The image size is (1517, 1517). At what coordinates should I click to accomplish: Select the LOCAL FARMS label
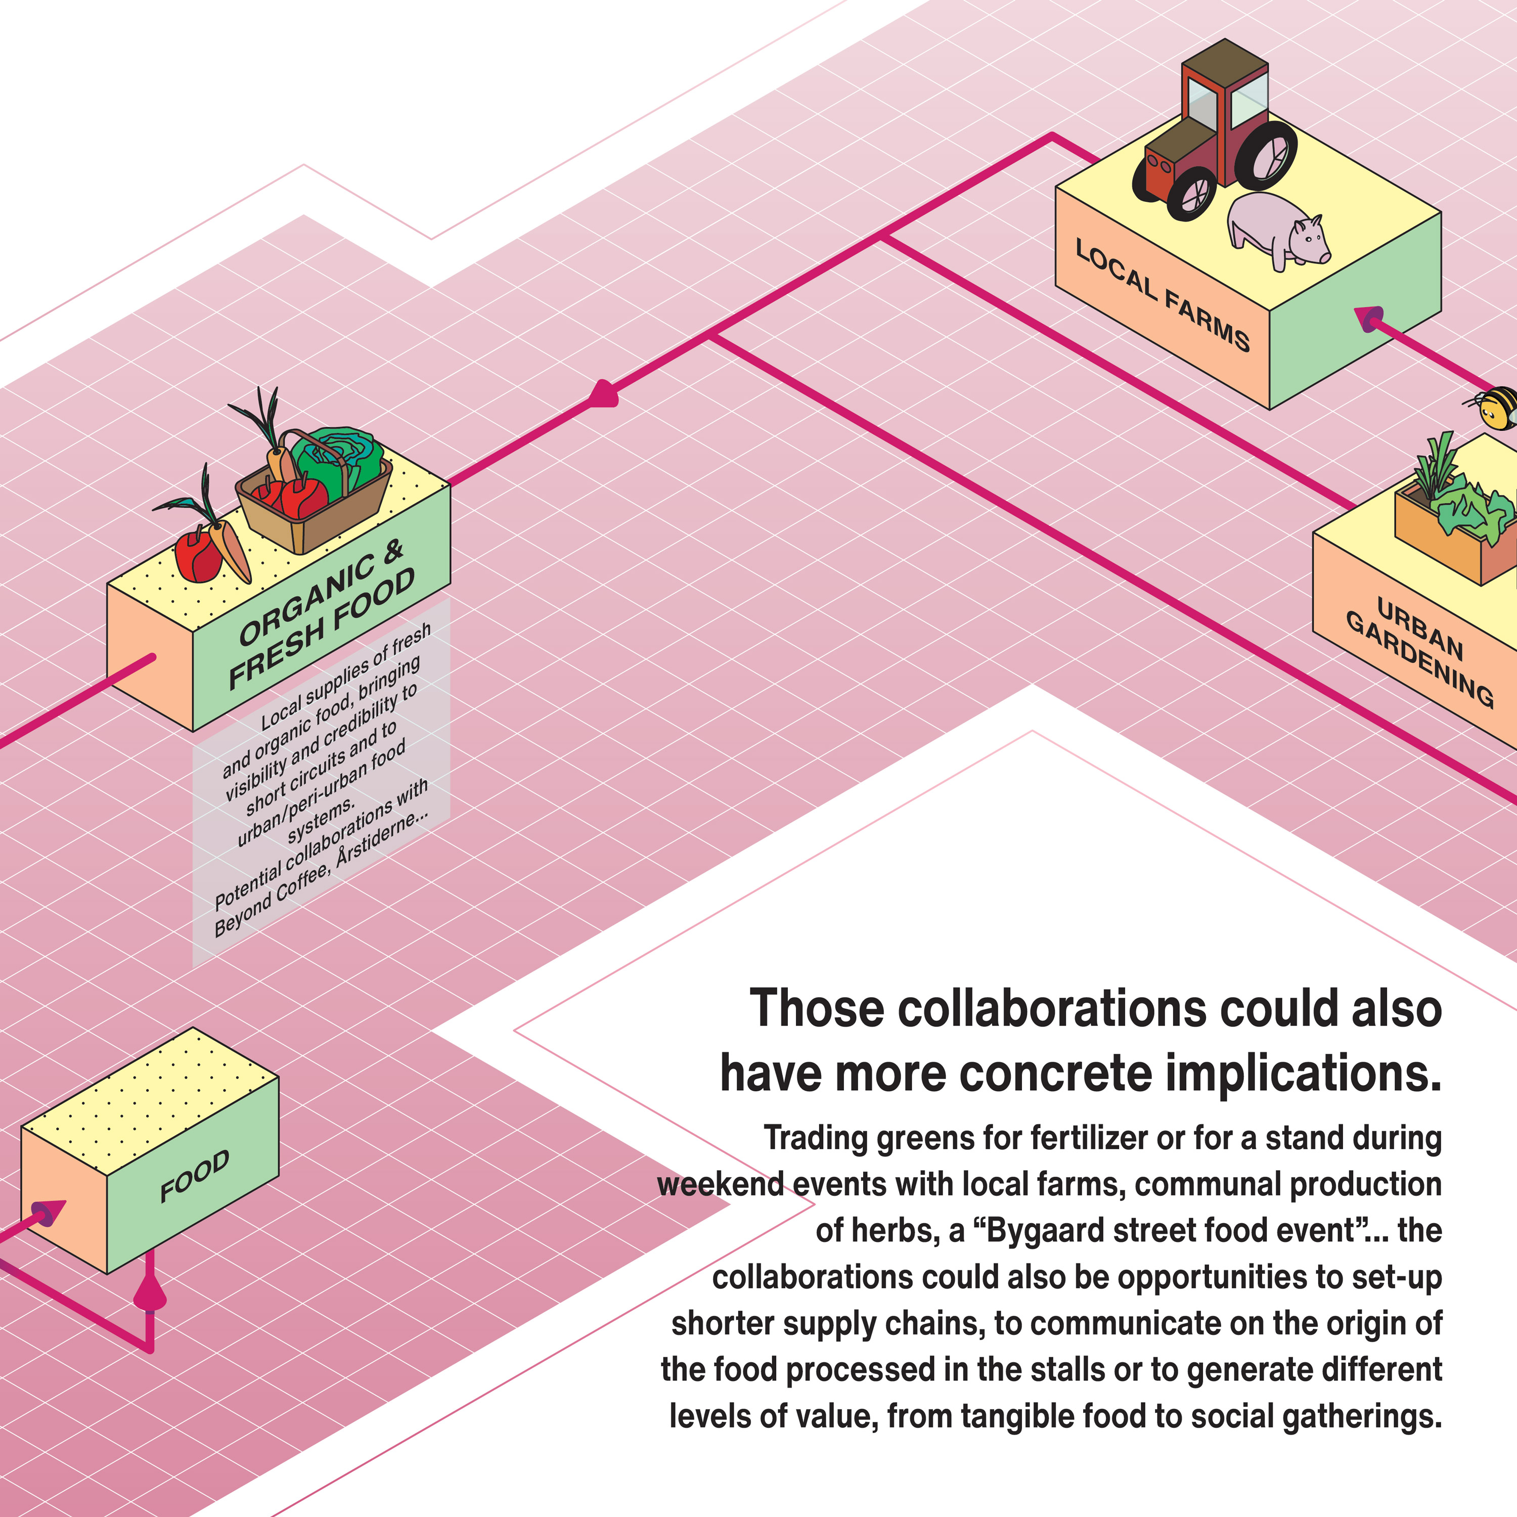(x=1162, y=294)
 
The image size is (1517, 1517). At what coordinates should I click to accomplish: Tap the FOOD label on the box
(x=194, y=1176)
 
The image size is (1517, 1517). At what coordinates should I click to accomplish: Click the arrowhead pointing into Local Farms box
(x=1370, y=318)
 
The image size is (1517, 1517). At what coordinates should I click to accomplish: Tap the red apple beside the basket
(x=196, y=556)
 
